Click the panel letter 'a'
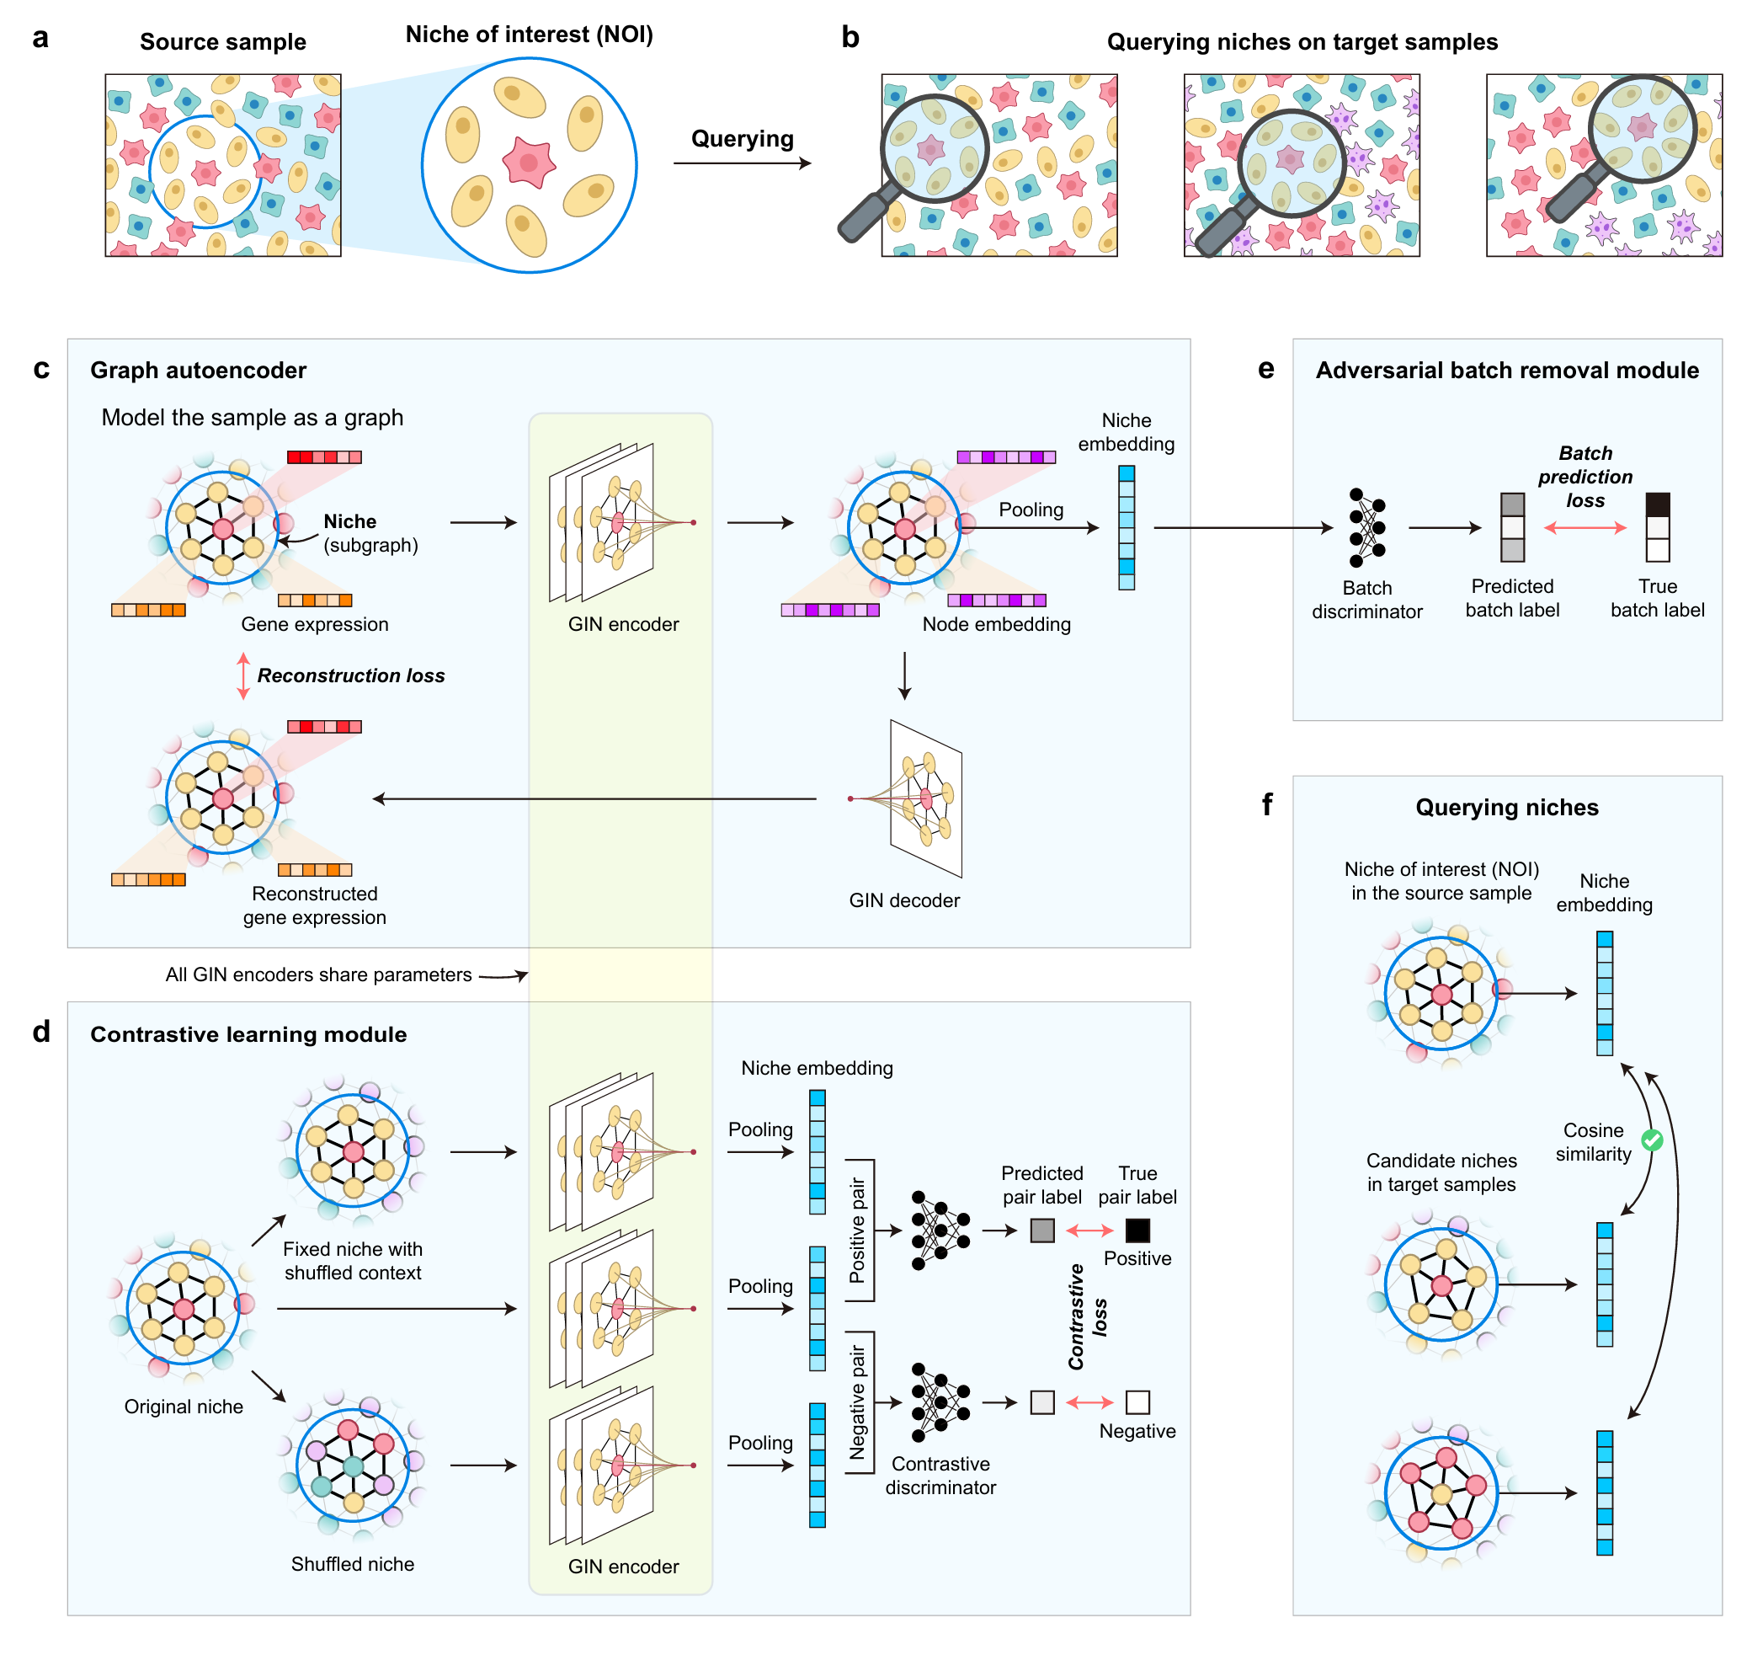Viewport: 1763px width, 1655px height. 40,38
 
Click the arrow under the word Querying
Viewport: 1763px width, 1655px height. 743,163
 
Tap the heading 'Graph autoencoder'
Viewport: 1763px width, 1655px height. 198,370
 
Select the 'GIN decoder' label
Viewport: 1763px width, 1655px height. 903,900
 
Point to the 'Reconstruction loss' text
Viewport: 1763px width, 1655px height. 350,675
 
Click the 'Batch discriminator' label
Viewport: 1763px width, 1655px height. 1366,600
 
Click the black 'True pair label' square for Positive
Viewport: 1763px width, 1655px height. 1137,1231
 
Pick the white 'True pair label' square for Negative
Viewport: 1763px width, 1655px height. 1137,1402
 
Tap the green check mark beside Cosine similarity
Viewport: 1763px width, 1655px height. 1651,1140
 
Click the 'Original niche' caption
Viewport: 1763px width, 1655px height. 184,1407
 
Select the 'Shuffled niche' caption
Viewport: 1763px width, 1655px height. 352,1564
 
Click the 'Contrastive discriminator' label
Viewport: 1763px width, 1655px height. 940,1476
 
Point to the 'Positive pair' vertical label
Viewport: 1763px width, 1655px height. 857,1231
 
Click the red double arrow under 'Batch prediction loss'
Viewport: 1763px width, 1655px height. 1585,528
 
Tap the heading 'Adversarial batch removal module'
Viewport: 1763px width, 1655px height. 1507,370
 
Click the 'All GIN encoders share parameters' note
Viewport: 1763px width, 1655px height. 318,974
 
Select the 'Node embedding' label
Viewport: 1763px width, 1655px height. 996,624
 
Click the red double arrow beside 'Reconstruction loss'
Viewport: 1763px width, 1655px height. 243,675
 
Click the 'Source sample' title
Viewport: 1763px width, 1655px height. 222,41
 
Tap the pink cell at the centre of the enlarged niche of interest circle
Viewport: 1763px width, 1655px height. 529,163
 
